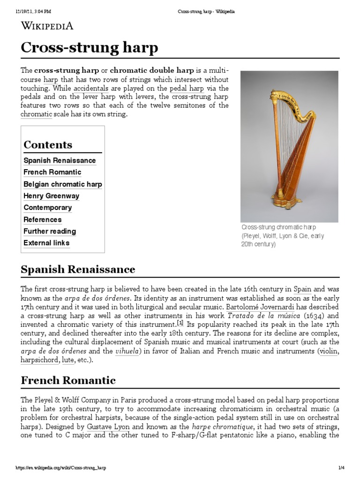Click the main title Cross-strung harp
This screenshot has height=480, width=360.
[x=90, y=48]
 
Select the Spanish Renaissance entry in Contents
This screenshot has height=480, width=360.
[x=60, y=160]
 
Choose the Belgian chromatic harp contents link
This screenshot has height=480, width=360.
[x=62, y=184]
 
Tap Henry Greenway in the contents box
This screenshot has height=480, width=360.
[x=51, y=196]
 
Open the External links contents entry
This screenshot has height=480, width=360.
[x=46, y=243]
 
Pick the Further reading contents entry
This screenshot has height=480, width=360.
[x=50, y=231]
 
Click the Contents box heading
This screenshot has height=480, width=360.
[x=48, y=144]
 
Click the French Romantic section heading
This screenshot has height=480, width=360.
[x=68, y=380]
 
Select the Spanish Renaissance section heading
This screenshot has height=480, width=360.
[x=78, y=270]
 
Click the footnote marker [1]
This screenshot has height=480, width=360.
[x=180, y=323]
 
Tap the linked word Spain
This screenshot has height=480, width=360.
[x=302, y=289]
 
